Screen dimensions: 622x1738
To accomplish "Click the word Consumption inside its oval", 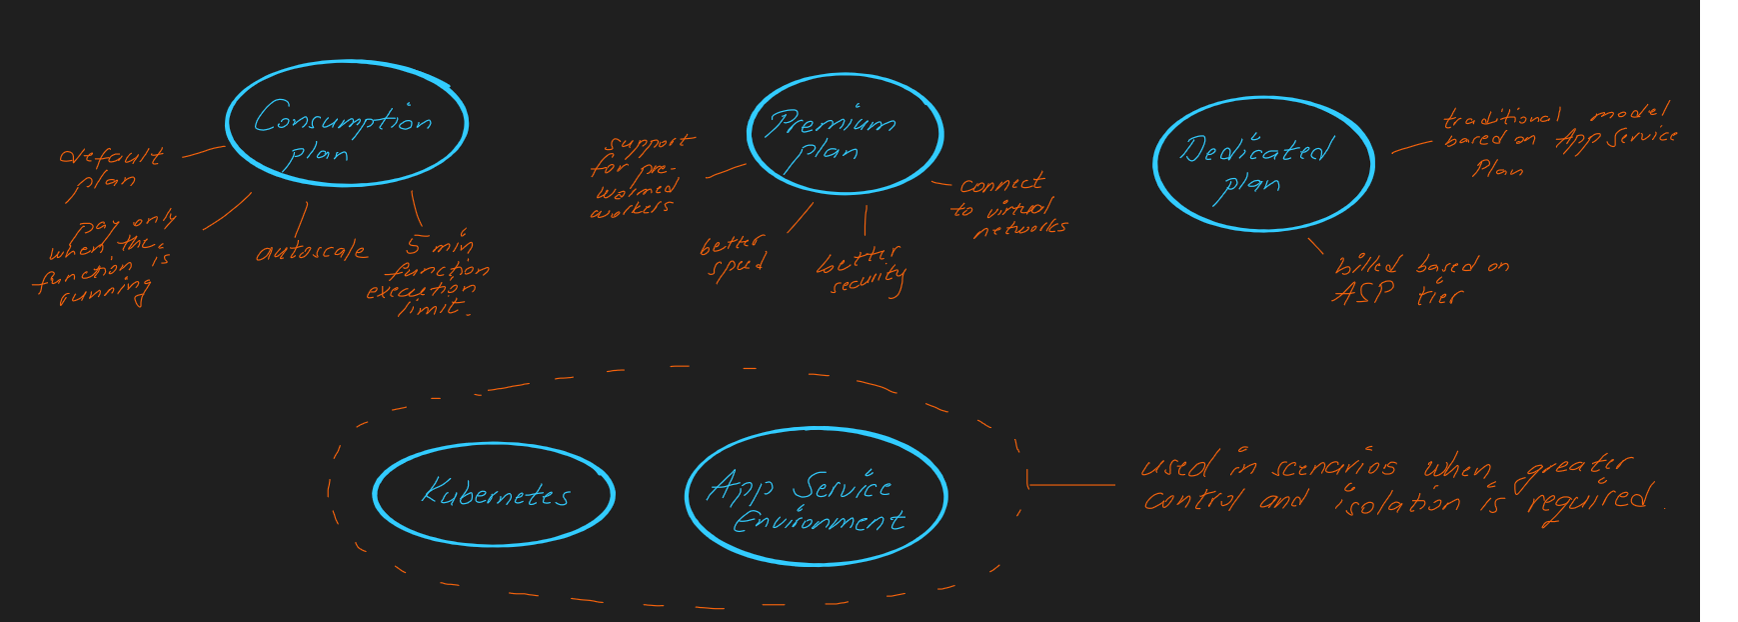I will point(343,119).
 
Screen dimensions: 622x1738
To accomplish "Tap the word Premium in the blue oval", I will point(832,123).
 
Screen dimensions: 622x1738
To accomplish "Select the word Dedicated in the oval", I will point(1256,151).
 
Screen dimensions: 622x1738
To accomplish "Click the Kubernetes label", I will point(495,493).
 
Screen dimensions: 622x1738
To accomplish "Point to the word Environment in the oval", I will point(819,521).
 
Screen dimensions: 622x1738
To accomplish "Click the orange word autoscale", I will point(312,252).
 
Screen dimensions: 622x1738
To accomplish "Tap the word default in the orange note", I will point(110,156).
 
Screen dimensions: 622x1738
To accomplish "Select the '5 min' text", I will point(440,244).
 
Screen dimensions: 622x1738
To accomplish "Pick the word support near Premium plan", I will point(650,146).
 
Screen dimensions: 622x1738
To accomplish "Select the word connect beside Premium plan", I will point(1001,184).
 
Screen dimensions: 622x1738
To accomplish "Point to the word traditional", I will point(1502,118).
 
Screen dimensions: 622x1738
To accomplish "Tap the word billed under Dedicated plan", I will point(1368,266).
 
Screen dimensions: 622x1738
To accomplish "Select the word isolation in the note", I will point(1397,501).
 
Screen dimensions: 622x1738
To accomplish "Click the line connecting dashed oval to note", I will point(1070,485).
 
